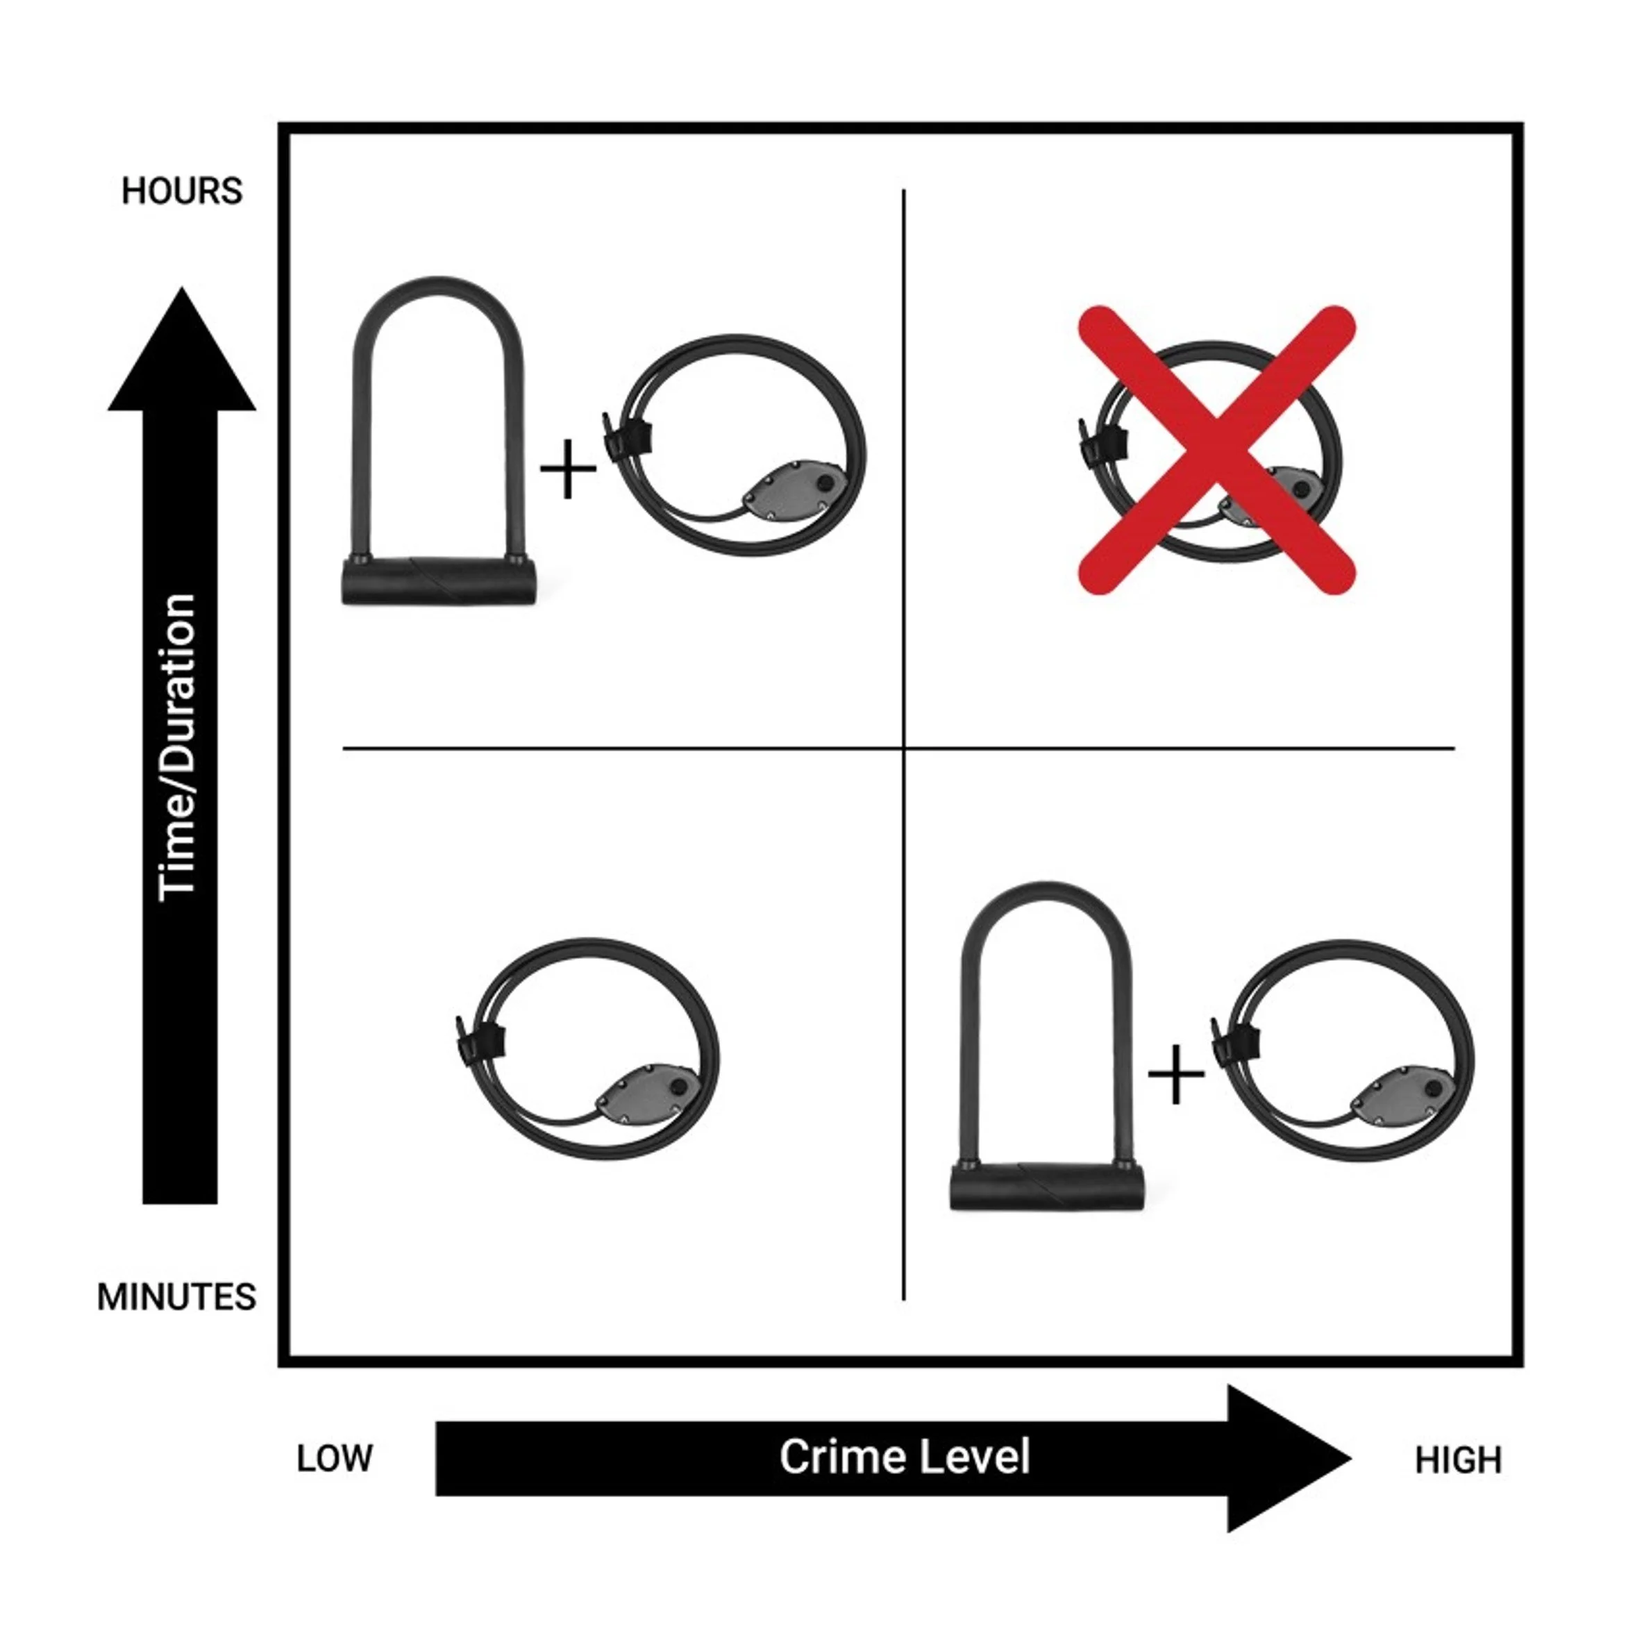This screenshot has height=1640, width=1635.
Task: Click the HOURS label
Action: coord(182,191)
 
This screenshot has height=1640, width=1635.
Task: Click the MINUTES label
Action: coord(176,1297)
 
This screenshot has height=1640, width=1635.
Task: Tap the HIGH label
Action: coord(1457,1460)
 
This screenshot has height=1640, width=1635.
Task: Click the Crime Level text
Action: coord(904,1457)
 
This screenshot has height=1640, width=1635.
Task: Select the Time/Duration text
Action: coord(179,747)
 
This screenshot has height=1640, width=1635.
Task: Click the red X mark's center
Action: coord(1216,450)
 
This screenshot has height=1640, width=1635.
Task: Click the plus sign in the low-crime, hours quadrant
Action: coord(568,469)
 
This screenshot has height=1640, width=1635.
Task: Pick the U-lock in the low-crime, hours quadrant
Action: coord(438,442)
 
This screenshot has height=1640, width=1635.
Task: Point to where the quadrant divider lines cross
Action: coord(903,748)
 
